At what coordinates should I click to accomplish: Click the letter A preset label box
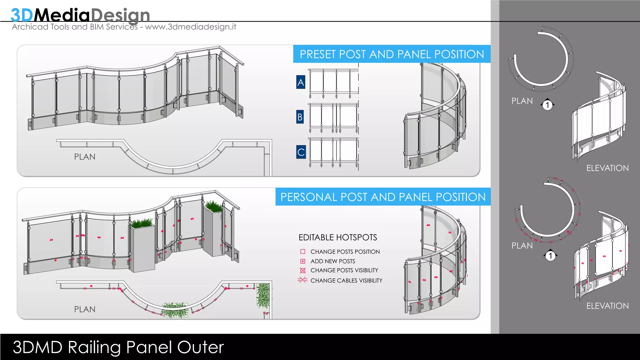(301, 82)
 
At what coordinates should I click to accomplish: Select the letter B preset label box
(300, 117)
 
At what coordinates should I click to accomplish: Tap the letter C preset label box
(301, 152)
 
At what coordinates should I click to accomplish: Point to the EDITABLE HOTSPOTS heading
(337, 237)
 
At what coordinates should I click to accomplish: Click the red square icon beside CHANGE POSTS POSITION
(302, 252)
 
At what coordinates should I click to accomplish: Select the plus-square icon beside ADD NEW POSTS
(302, 261)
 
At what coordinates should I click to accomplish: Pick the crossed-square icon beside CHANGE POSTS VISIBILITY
(302, 270)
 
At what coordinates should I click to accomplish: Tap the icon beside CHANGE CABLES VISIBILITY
(302, 280)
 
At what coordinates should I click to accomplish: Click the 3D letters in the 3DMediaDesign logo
(22, 15)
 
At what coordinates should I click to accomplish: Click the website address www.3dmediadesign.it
(191, 27)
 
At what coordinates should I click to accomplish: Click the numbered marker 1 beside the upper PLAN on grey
(547, 105)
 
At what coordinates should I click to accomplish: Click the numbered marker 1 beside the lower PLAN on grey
(550, 256)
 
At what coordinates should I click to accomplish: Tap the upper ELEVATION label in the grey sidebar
(607, 168)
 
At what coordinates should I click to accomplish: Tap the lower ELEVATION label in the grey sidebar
(607, 306)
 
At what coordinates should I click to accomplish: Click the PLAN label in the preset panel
(85, 157)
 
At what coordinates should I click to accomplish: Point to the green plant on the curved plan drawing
(175, 310)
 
